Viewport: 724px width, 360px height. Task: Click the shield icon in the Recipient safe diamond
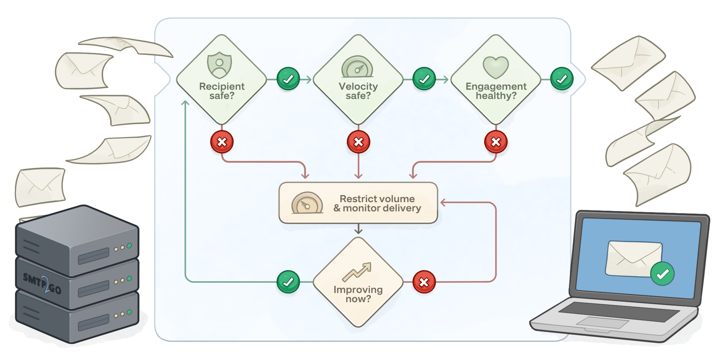click(219, 65)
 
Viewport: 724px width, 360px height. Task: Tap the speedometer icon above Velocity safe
click(357, 67)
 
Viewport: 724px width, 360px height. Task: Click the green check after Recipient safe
click(288, 79)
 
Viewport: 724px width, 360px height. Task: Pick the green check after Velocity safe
click(424, 79)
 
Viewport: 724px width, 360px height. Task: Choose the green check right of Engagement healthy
click(562, 79)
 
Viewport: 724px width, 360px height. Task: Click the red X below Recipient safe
click(222, 142)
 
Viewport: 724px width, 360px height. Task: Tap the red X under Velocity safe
click(358, 142)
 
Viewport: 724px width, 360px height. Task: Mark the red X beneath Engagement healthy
click(496, 142)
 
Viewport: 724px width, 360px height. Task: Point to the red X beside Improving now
click(424, 282)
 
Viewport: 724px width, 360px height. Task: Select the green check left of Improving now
click(288, 282)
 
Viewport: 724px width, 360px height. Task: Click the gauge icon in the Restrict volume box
click(307, 203)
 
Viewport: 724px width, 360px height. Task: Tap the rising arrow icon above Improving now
click(357, 272)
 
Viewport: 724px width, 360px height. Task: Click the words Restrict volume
click(377, 199)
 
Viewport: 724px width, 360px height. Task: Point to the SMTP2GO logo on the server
click(42, 283)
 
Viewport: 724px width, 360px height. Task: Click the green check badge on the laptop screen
click(662, 274)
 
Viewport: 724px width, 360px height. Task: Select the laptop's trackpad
click(602, 322)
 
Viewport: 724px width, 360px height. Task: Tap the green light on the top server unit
click(129, 245)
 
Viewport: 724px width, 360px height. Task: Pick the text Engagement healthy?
click(496, 91)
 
